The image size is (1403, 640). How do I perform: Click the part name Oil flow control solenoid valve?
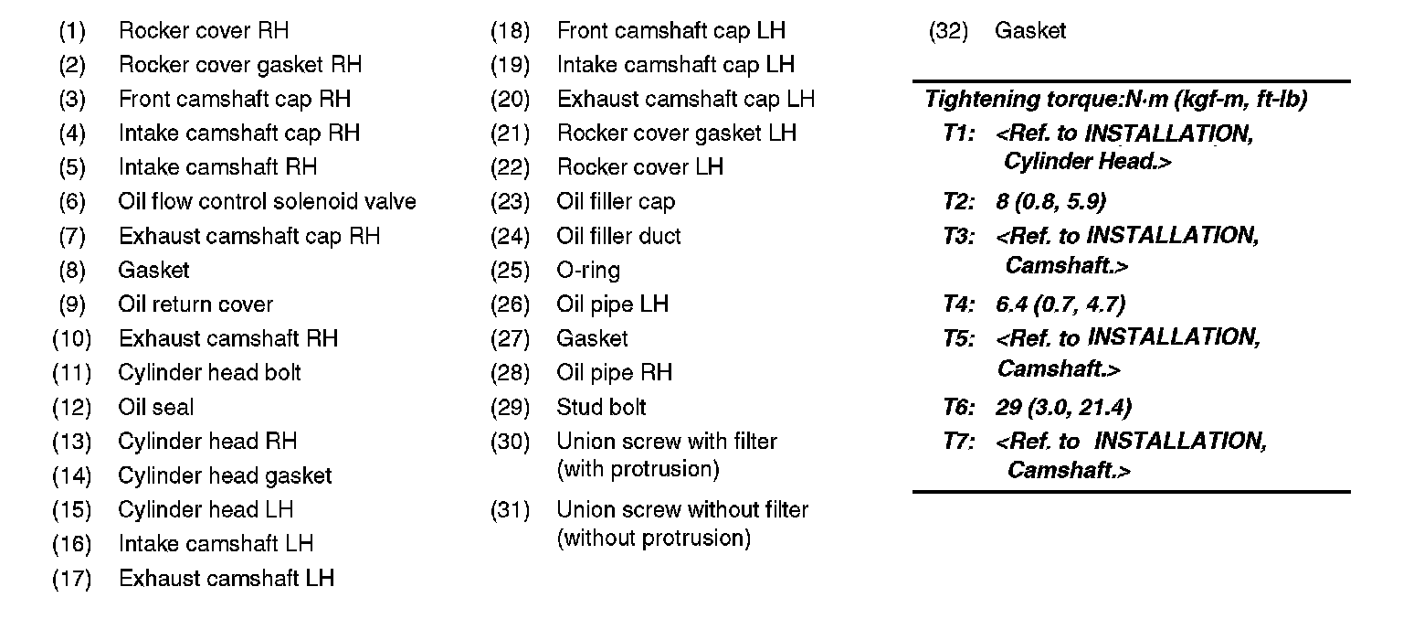coord(267,202)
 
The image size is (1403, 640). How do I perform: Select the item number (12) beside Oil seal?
coord(72,408)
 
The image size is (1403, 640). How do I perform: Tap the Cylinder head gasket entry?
coord(225,476)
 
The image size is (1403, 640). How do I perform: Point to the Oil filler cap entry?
coord(616,202)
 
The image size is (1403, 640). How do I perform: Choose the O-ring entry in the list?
coord(588,271)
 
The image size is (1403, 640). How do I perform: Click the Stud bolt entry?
coord(601,408)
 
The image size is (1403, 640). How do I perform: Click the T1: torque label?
coord(959,134)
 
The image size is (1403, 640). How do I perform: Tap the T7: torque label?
coord(959,443)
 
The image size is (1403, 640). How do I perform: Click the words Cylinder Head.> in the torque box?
coord(1087,163)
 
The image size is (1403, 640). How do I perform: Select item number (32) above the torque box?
coord(947,31)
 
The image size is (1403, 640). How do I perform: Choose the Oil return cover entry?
coord(195,304)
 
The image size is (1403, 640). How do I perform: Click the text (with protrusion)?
coord(638,470)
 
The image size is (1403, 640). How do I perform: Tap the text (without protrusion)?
coord(653,539)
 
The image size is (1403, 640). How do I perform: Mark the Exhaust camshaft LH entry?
coord(227,579)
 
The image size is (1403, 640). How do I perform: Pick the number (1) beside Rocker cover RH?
coord(72,31)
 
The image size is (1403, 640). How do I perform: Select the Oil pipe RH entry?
coord(614,373)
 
